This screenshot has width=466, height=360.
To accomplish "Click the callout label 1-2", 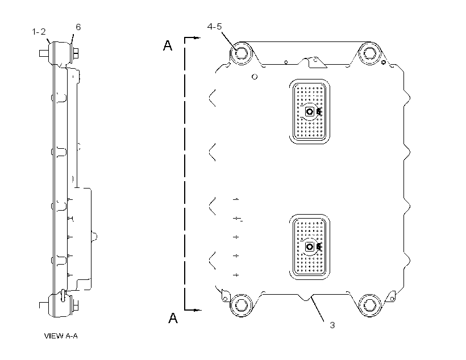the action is click(x=39, y=31).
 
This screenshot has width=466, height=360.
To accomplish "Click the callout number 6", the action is click(x=78, y=27).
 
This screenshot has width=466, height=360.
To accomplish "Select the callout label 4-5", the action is click(x=214, y=27).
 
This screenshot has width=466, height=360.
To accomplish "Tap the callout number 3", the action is click(x=332, y=325).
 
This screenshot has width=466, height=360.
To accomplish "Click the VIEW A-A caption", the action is click(x=61, y=336).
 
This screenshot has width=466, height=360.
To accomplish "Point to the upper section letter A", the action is click(x=168, y=45).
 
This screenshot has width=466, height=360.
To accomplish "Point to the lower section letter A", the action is click(x=173, y=318).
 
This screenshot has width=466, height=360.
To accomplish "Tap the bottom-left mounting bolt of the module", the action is click(x=242, y=305).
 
